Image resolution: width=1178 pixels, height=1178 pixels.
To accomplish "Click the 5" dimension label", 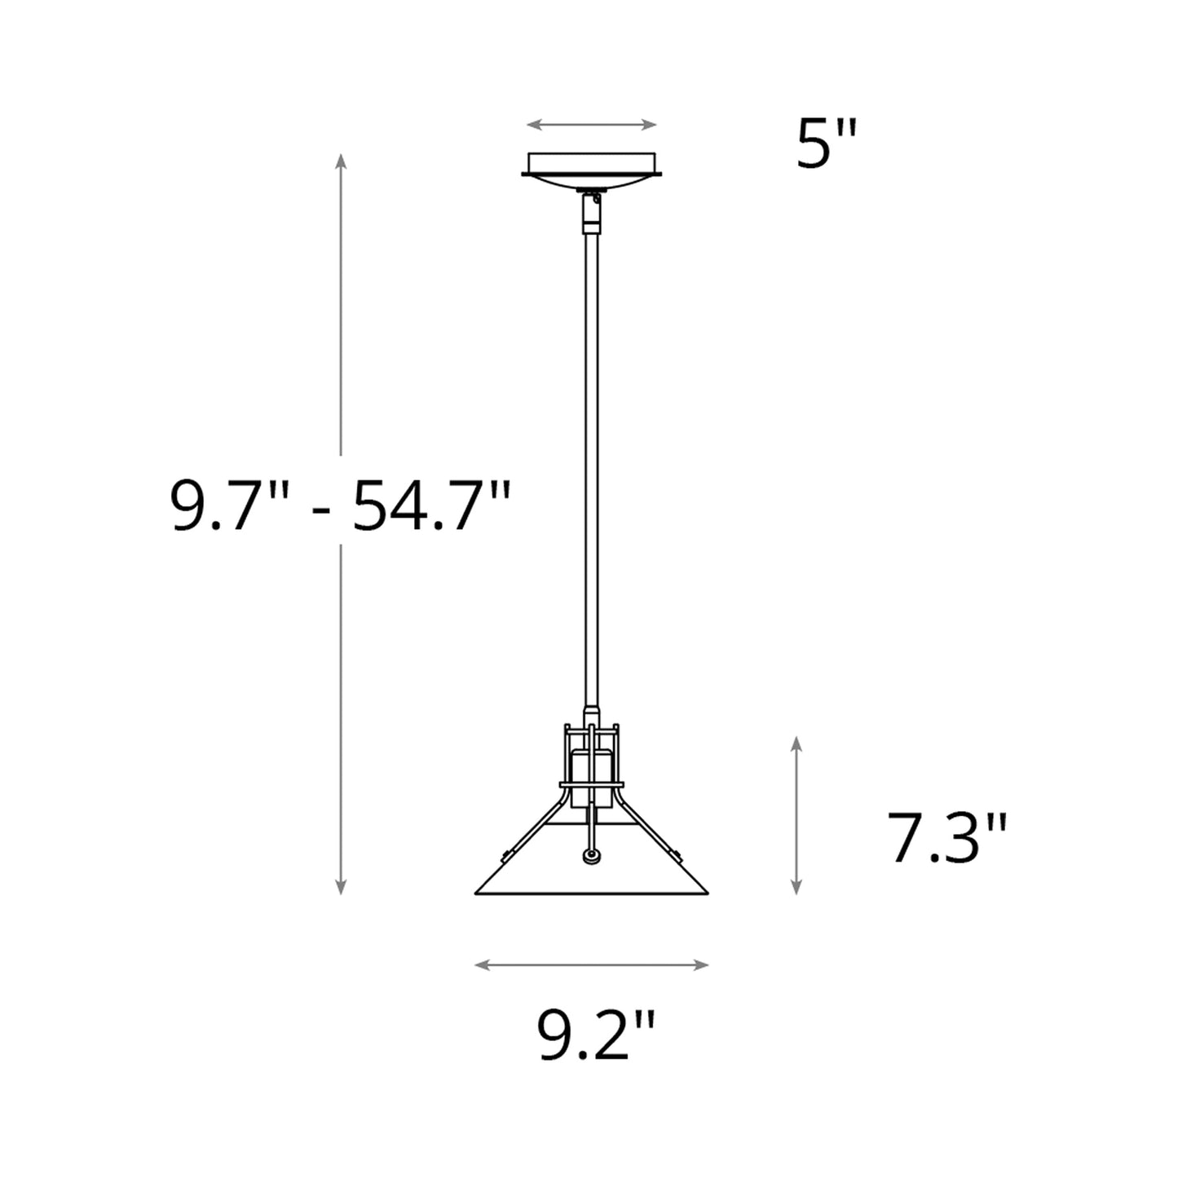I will click(827, 145).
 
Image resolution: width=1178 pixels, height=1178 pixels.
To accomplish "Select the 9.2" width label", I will click(596, 1035).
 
